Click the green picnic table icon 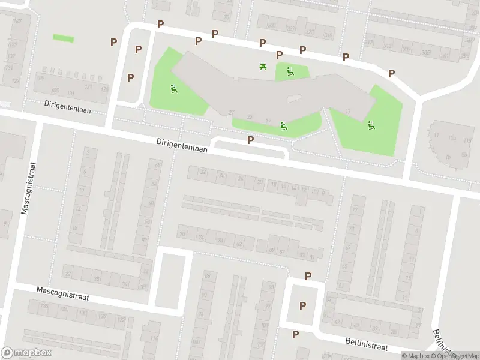click(x=263, y=67)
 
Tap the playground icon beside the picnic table click(x=290, y=72)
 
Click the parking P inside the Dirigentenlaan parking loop click(x=250, y=140)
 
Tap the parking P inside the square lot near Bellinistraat click(x=302, y=305)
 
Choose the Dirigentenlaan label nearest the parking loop click(x=182, y=146)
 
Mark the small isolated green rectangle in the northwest click(x=64, y=38)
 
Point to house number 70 click(x=182, y=234)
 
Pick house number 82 click(x=239, y=243)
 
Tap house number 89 click(x=273, y=250)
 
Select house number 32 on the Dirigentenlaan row click(x=203, y=173)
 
